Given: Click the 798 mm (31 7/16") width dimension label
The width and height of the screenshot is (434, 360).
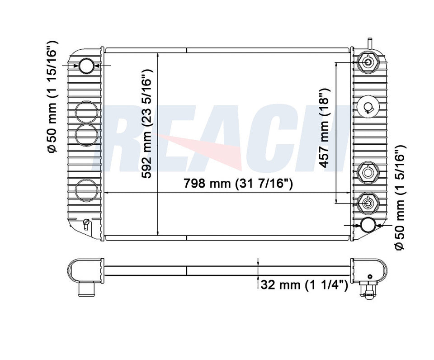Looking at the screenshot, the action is click(238, 183).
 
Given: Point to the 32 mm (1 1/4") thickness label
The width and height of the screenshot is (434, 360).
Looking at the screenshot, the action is click(304, 284).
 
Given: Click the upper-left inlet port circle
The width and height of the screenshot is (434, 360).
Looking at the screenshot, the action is click(86, 66).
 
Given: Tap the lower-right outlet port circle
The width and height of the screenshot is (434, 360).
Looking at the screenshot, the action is click(368, 225).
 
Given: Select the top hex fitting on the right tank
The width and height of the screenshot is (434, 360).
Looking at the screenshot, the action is click(368, 62).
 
